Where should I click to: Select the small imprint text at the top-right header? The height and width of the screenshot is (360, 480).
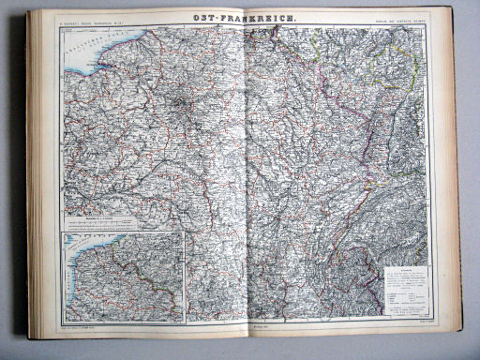393,21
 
